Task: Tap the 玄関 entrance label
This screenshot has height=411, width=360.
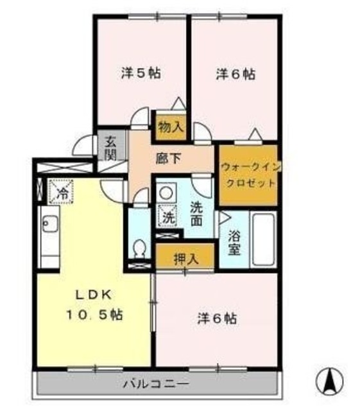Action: coord(111,148)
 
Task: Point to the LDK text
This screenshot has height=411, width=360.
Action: coord(95,295)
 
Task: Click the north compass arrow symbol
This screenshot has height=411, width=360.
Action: coord(332,381)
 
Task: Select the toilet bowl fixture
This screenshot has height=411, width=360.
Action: coord(139,247)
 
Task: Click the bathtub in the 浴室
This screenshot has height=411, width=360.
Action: coord(264,239)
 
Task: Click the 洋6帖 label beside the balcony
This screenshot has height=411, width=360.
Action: coord(218,318)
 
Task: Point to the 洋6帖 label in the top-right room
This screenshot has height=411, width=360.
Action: coord(235,74)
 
